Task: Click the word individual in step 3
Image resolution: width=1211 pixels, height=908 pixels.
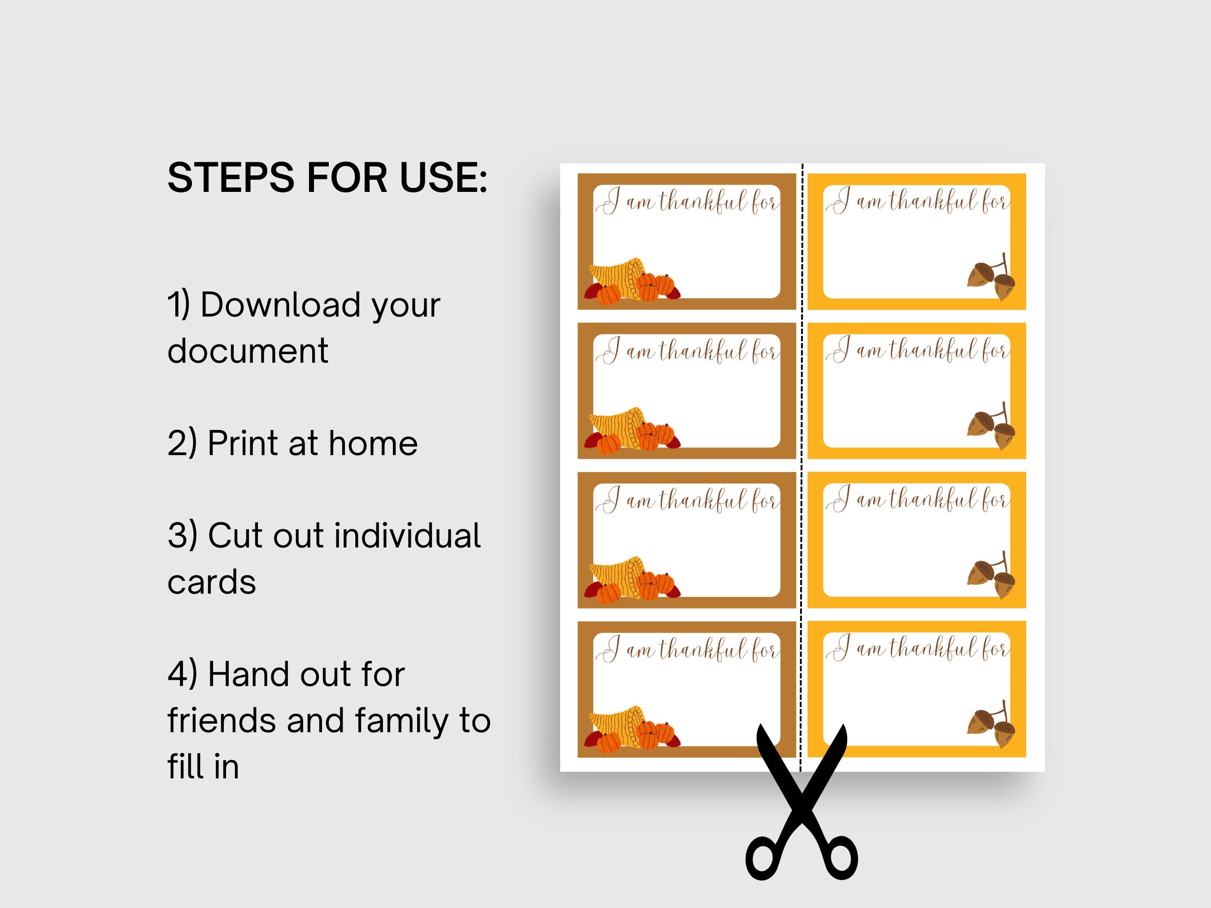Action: pyautogui.click(x=407, y=535)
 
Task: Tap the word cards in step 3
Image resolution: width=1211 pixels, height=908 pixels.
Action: pyautogui.click(x=211, y=582)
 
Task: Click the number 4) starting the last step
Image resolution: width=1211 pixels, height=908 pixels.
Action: pyautogui.click(x=182, y=674)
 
